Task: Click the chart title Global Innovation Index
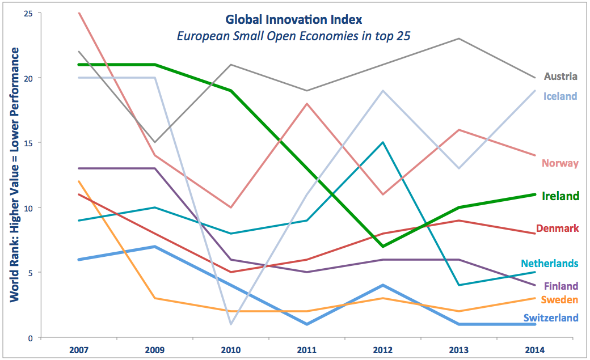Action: [x=293, y=19]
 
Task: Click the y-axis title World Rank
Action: [x=14, y=175]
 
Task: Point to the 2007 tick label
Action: [x=79, y=350]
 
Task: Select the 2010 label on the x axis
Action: [x=231, y=350]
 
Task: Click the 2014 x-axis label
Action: [x=534, y=350]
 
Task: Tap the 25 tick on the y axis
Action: [x=28, y=14]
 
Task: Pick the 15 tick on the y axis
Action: [x=28, y=143]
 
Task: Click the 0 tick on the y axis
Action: [x=30, y=338]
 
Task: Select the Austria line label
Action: [x=560, y=77]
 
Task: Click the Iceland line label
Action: [x=560, y=96]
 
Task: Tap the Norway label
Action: [x=560, y=163]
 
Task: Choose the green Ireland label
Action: [x=560, y=196]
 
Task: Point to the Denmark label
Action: [x=557, y=228]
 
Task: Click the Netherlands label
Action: [x=549, y=263]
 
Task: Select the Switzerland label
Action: [x=551, y=318]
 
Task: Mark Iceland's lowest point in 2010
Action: [x=231, y=324]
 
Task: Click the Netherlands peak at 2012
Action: [x=383, y=142]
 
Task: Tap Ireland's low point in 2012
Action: [x=383, y=247]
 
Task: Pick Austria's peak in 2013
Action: [x=459, y=39]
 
